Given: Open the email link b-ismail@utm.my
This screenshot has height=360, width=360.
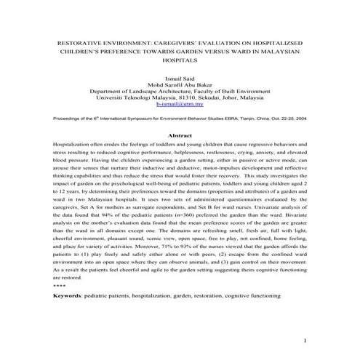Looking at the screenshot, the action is coord(180,104).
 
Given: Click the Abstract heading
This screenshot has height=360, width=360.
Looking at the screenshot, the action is coord(180,136).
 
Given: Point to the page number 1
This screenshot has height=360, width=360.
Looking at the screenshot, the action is coord(306,341).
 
